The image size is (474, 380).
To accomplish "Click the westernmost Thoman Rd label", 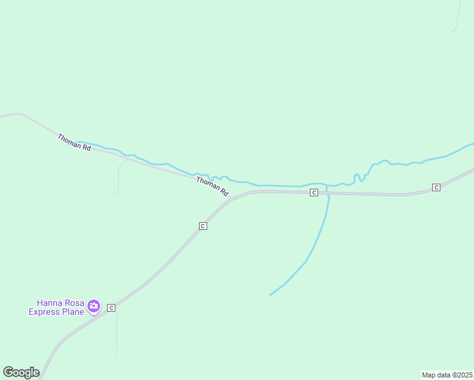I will [74, 142].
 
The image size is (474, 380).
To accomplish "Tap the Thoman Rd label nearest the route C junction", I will [212, 186].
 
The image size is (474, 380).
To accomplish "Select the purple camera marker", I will [94, 307].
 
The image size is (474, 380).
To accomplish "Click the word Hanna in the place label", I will [49, 303].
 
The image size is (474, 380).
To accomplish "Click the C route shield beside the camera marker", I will [111, 308].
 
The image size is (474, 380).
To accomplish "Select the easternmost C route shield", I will [436, 187].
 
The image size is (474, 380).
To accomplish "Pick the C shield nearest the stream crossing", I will [314, 192].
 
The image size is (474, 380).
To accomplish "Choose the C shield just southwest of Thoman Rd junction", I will [203, 225].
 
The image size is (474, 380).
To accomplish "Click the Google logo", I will [21, 372].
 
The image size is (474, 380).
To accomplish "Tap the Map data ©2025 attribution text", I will [447, 375].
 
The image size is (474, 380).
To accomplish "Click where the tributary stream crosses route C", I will [328, 193].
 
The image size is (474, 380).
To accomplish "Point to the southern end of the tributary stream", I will [271, 294].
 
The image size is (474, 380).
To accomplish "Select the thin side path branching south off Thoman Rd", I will [118, 177].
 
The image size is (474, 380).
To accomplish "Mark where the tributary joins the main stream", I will [327, 186].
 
